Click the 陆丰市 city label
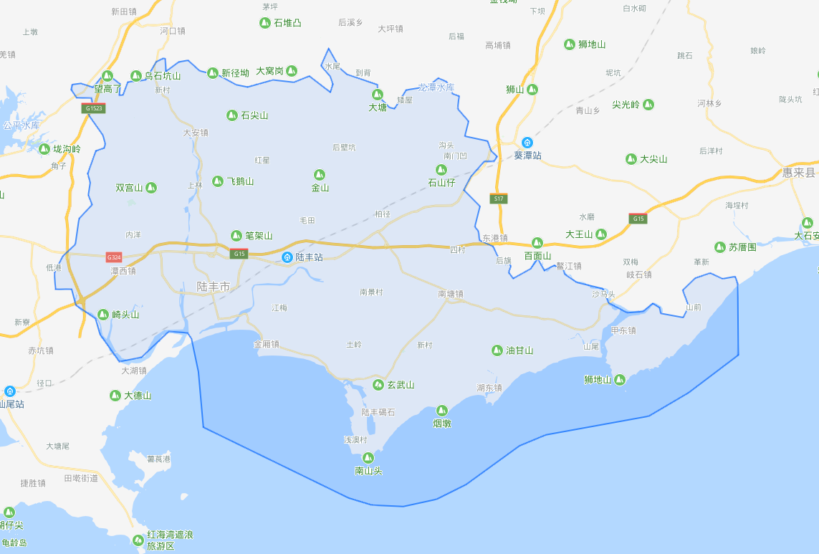tap(214, 287)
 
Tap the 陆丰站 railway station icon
tap(287, 257)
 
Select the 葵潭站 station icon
tap(527, 143)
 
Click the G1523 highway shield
tap(93, 109)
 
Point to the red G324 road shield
tap(113, 257)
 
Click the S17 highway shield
tap(499, 199)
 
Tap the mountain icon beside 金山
tap(320, 175)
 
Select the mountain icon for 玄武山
tap(378, 386)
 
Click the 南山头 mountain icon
tap(368, 458)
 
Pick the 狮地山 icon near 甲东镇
tap(620, 380)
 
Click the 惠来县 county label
tap(799, 173)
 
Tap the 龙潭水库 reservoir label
tap(436, 87)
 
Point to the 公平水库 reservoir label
tap(21, 125)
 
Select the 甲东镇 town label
tap(623, 330)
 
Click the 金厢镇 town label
tap(266, 344)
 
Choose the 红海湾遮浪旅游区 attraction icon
tap(138, 540)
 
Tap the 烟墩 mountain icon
tap(441, 411)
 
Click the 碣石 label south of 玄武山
tap(386, 412)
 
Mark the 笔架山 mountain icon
tap(236, 235)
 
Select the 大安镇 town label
tap(195, 133)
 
